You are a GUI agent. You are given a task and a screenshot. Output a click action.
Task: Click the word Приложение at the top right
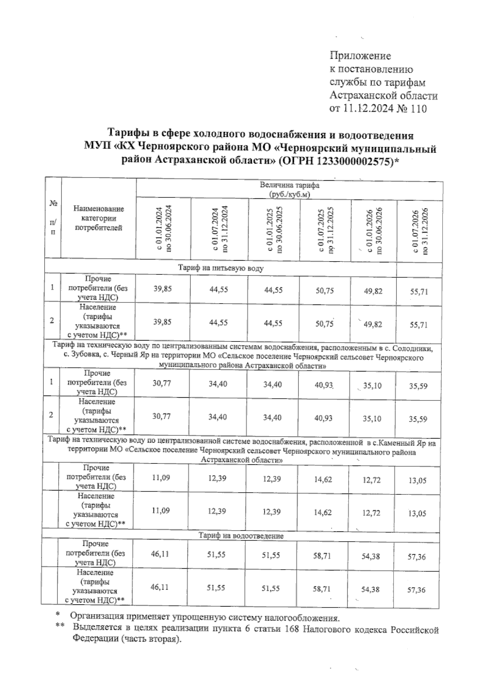tap(360, 55)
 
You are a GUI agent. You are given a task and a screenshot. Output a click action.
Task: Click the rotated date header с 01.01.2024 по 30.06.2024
tap(164, 229)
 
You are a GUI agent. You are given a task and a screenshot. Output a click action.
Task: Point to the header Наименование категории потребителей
tap(99, 218)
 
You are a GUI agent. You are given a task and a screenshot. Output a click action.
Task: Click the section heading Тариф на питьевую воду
tap(221, 268)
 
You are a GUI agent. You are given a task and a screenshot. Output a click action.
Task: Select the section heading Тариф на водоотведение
tap(241, 536)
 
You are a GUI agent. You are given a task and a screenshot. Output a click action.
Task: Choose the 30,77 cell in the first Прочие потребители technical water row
tap(161, 384)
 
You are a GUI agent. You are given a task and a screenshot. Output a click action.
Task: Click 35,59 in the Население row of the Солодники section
tap(418, 419)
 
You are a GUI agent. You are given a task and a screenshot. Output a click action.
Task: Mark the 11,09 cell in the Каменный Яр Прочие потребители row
tap(161, 478)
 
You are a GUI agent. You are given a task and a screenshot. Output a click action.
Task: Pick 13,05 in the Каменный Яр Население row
tap(417, 513)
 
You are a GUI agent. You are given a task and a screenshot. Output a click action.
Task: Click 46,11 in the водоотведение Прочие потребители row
tap(159, 554)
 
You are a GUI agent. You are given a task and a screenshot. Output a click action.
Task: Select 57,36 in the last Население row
tap(417, 590)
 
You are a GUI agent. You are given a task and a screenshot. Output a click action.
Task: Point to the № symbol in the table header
tap(53, 204)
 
